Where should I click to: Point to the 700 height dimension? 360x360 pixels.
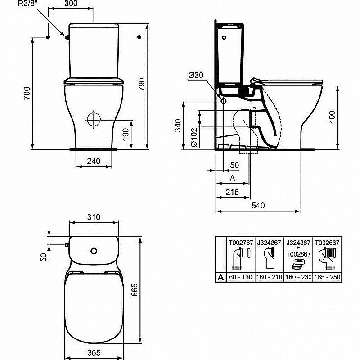(x=27, y=93)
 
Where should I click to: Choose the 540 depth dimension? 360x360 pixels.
(x=258, y=205)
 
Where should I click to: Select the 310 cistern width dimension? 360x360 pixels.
(x=94, y=216)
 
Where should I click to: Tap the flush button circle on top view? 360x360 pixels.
(x=94, y=250)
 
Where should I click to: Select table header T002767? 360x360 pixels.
(x=241, y=242)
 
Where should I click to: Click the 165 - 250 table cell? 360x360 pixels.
(x=327, y=277)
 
